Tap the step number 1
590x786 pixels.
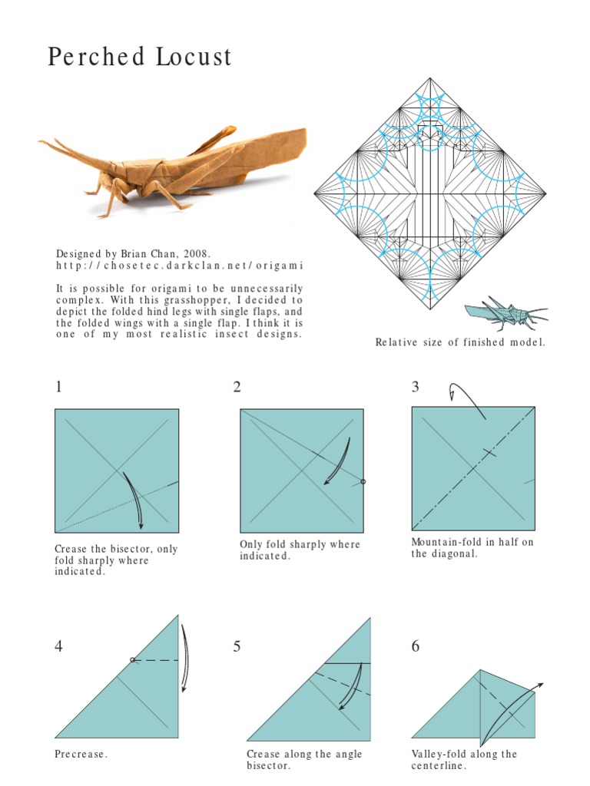tap(59, 387)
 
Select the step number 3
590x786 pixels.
tap(416, 387)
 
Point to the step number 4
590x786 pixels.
tap(59, 646)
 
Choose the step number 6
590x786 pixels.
tap(416, 646)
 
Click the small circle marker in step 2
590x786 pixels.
tap(363, 482)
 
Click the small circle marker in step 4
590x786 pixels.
tap(132, 659)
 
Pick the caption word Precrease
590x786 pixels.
tap(81, 754)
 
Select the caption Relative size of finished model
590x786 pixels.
tap(460, 342)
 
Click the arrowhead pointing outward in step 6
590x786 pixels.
tap(540, 684)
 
